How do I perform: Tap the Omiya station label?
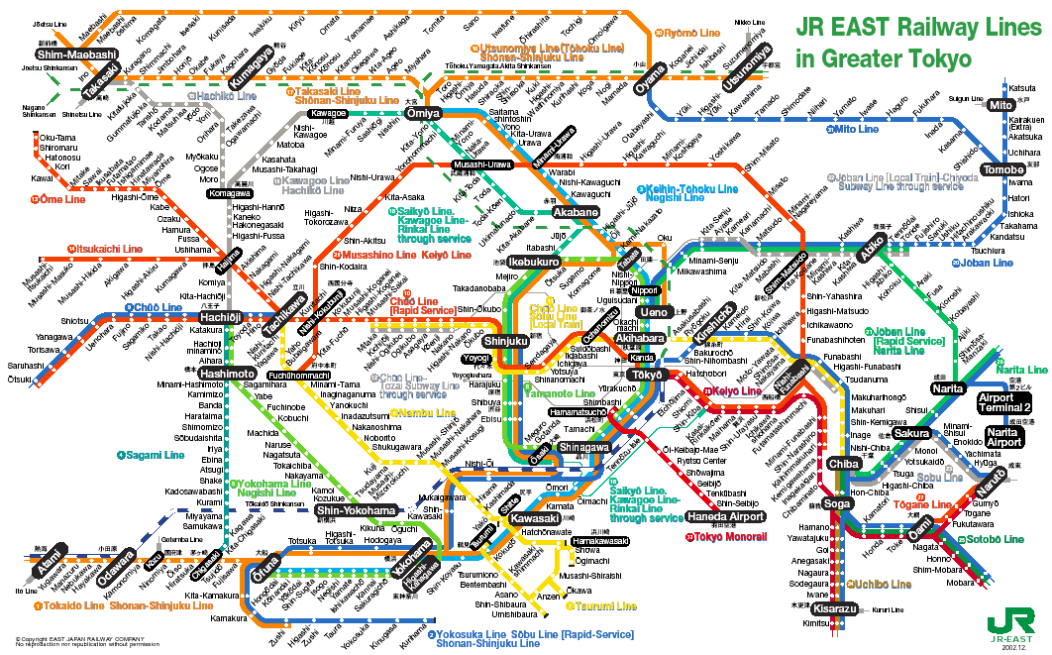click(x=423, y=113)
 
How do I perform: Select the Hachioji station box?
click(x=222, y=316)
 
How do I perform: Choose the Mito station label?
click(x=1000, y=104)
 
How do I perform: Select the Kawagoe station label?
click(x=328, y=113)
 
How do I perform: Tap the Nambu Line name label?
click(x=427, y=412)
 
